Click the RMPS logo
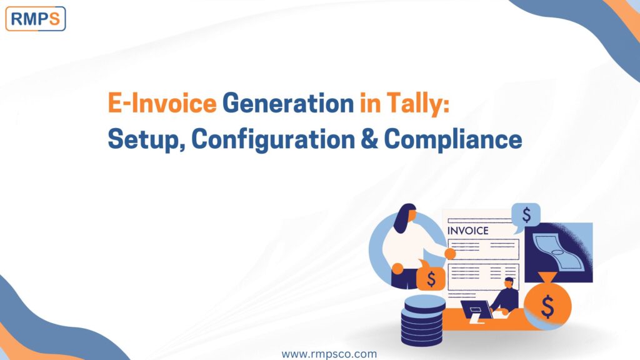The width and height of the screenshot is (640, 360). (x=36, y=19)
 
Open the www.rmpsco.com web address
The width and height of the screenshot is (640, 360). (x=329, y=354)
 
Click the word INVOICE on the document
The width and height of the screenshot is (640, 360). (x=467, y=231)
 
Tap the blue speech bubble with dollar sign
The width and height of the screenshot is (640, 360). (x=526, y=216)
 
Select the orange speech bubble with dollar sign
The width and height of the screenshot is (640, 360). (x=431, y=279)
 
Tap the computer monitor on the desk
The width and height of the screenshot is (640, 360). (x=476, y=309)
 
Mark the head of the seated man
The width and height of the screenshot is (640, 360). (x=509, y=282)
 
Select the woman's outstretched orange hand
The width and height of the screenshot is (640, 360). (x=449, y=253)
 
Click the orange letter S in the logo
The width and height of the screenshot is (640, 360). (x=54, y=19)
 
